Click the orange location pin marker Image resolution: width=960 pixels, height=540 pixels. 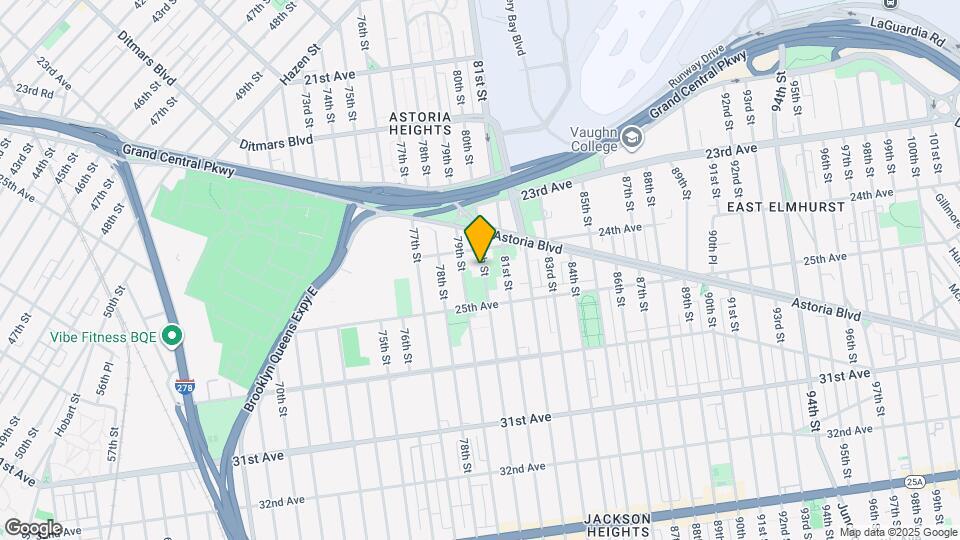point(480,237)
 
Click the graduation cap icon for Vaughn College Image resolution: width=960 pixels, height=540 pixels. point(632,136)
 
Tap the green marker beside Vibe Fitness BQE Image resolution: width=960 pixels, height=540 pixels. point(173,336)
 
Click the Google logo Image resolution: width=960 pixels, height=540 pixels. point(32,528)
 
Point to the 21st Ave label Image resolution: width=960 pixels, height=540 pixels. point(331,77)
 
